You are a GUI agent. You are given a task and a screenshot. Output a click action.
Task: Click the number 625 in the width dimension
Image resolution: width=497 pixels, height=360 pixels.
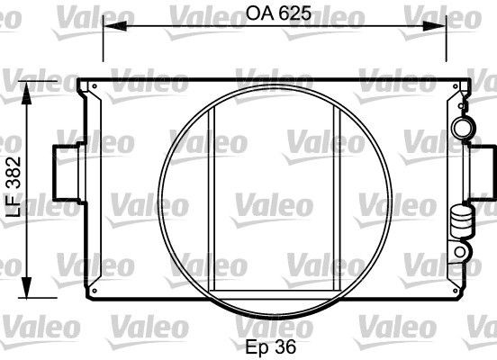(295, 13)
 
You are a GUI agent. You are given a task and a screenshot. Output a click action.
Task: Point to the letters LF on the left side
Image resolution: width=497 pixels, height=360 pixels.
(14, 206)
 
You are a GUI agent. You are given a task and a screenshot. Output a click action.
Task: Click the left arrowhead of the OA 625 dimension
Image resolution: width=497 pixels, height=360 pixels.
(114, 26)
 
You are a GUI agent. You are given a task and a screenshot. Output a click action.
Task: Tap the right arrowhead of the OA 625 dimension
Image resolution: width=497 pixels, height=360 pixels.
(435, 26)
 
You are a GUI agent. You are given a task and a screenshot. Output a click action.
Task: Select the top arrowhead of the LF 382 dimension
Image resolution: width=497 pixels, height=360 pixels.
(27, 93)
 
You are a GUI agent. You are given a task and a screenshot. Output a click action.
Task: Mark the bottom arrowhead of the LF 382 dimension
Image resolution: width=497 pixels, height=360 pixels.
(27, 286)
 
